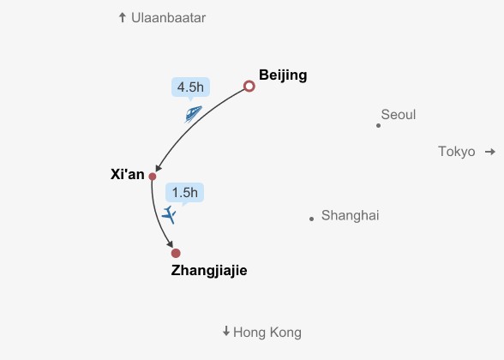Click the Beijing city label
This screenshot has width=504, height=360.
[x=283, y=75]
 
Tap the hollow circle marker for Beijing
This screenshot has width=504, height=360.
[x=249, y=82]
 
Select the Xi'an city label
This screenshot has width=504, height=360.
[x=127, y=174]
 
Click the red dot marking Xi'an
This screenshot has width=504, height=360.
[x=153, y=177]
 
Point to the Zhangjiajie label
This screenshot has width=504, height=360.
[x=209, y=271]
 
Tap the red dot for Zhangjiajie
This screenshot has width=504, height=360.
[x=176, y=254]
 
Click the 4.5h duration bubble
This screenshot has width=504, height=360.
[x=190, y=87]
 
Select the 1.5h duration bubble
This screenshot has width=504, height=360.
[x=185, y=193]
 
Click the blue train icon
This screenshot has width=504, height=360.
[x=193, y=114]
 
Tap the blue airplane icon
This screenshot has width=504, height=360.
[x=169, y=214]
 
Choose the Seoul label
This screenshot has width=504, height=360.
[x=399, y=115]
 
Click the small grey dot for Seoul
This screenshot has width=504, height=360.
[x=378, y=126]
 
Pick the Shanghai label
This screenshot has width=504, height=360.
[x=351, y=216]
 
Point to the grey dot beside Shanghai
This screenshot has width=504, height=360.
[x=311, y=219]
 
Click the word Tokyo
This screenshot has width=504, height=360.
[x=457, y=152]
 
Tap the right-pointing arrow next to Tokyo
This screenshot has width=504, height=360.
[x=490, y=152]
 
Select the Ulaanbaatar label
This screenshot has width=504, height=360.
[x=168, y=18]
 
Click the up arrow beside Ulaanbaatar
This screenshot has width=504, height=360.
[x=122, y=17]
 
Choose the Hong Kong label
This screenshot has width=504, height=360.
[x=267, y=333]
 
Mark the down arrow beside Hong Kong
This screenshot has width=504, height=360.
[x=226, y=331]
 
